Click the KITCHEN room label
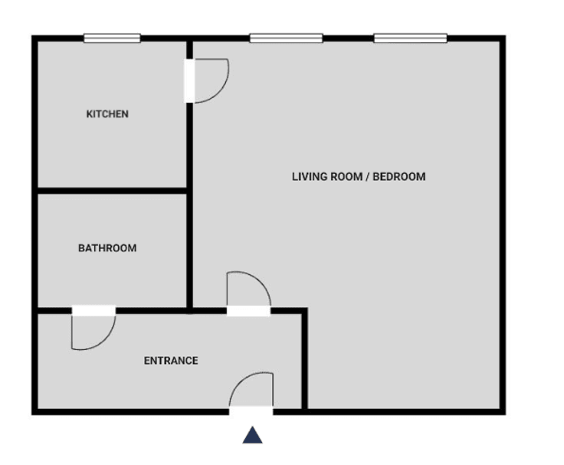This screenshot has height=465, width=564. click(107, 114)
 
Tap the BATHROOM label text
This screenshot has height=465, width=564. click(107, 248)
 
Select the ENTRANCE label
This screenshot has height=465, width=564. click(171, 361)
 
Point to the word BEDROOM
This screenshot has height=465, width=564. click(399, 177)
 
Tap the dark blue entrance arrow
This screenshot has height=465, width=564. click(253, 435)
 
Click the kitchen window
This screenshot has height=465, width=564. click(112, 38)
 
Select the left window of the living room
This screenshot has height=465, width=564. click(287, 38)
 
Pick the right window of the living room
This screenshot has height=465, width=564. click(411, 38)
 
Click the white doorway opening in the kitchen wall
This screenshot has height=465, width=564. click(189, 81)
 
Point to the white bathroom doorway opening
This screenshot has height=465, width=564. click(93, 310)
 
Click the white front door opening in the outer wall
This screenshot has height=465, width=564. click(251, 411)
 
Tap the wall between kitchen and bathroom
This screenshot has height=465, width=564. click(112, 191)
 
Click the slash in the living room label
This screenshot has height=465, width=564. click(367, 177)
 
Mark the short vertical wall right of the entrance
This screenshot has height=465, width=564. click(304, 359)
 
